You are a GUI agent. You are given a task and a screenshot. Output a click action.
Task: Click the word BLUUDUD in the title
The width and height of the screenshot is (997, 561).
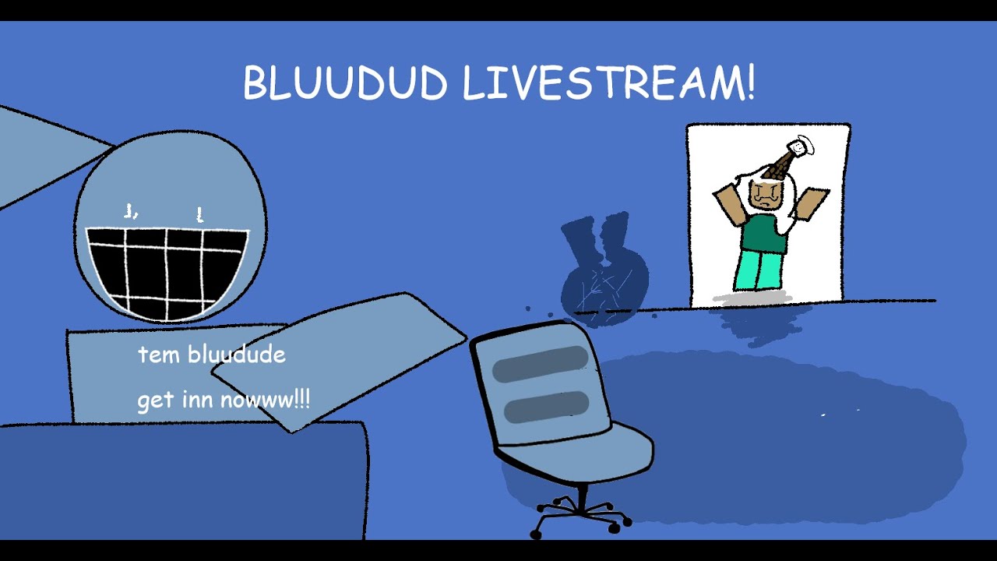pos(344,83)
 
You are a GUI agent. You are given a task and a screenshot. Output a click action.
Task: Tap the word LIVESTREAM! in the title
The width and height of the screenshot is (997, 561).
pos(608,83)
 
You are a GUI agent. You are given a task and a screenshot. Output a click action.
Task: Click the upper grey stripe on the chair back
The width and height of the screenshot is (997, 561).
pos(540,364)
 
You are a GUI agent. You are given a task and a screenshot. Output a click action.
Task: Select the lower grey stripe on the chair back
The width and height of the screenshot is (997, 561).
pos(546,407)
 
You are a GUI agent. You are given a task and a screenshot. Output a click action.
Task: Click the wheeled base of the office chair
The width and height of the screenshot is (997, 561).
pos(580,515)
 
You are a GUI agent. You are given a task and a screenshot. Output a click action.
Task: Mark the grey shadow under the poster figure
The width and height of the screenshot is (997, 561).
pos(754,296)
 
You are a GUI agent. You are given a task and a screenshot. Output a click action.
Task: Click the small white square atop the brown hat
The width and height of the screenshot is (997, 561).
pos(798,146)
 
